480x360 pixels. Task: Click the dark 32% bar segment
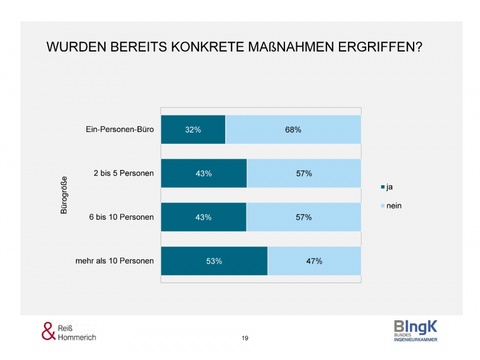tap(193, 130)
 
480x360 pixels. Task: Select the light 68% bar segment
tap(293, 130)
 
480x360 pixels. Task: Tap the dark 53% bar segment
tap(214, 261)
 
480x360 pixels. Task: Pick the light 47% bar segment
tap(314, 261)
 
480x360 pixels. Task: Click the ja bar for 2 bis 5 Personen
tap(204, 173)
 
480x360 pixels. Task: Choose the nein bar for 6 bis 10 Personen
tap(303, 217)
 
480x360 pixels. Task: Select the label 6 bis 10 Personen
tap(121, 217)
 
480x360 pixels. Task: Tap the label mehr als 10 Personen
tap(116, 261)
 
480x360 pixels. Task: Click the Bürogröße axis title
tap(65, 195)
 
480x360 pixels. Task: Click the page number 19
tap(245, 338)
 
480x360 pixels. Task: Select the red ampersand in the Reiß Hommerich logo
tap(48, 331)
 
